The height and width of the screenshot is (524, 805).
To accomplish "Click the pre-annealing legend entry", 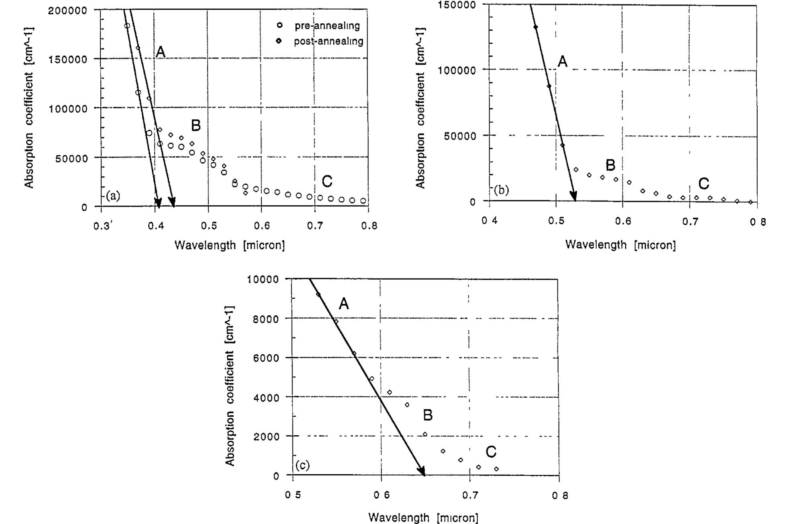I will pyautogui.click(x=321, y=26).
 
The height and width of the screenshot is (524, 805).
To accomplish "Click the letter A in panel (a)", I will pyautogui.click(x=160, y=52).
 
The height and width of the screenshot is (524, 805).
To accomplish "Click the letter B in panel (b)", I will pyautogui.click(x=610, y=165).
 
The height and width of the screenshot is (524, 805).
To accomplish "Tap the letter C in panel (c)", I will pyautogui.click(x=491, y=452).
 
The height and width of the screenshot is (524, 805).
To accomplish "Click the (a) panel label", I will pyautogui.click(x=113, y=196).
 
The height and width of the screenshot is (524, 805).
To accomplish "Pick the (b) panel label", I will pyautogui.click(x=501, y=190).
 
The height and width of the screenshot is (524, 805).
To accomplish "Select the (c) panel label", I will pyautogui.click(x=302, y=465).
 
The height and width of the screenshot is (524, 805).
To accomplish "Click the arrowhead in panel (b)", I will pyautogui.click(x=574, y=197).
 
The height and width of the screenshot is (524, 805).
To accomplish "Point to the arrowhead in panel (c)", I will pyautogui.click(x=421, y=471).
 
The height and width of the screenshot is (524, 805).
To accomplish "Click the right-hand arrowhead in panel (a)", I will pyautogui.click(x=172, y=201).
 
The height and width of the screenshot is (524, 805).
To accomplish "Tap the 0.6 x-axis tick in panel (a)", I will pyautogui.click(x=262, y=226).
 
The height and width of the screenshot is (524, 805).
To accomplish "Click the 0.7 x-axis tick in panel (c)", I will pyautogui.click(x=469, y=495).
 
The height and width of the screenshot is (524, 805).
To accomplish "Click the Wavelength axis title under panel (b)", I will pyautogui.click(x=620, y=245).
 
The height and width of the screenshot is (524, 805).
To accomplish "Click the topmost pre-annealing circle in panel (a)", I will pyautogui.click(x=127, y=26).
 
